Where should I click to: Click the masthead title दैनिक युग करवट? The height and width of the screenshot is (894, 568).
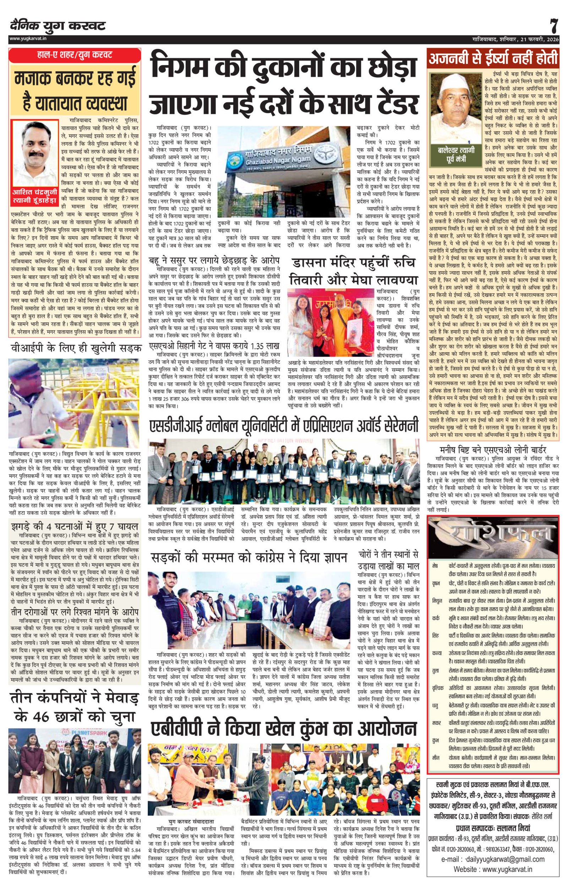pyautogui.click(x=58, y=26)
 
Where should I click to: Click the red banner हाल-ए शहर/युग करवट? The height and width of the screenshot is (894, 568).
pyautogui.click(x=75, y=55)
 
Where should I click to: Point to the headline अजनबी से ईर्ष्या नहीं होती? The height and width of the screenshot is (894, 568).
pyautogui.click(x=493, y=59)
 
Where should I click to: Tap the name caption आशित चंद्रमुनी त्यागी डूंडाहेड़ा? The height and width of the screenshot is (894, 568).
pyautogui.click(x=34, y=198)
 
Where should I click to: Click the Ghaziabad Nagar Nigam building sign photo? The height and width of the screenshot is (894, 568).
pyautogui.click(x=284, y=170)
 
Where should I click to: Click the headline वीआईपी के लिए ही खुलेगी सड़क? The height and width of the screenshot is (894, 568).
pyautogui.click(x=76, y=348)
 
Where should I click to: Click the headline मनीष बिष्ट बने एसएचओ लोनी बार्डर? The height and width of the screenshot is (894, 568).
pyautogui.click(x=493, y=450)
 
